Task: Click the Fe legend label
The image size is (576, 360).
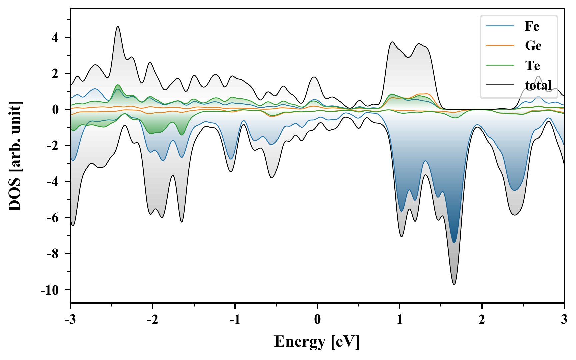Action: tap(532, 26)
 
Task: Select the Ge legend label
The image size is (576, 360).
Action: tap(533, 46)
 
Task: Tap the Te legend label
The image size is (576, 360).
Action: tap(532, 65)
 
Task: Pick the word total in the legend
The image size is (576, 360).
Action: tap(538, 85)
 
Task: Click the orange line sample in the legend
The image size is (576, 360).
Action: tap(500, 46)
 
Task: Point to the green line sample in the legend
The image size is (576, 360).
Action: tap(500, 65)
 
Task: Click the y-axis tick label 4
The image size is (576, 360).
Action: tap(55, 37)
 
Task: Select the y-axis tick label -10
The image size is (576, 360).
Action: tap(49, 290)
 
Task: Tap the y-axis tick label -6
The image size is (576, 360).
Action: tap(53, 218)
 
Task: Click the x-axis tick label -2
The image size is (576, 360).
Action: tap(152, 320)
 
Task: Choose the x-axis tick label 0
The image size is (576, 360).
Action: tap(317, 320)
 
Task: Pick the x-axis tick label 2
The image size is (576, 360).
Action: tap(482, 320)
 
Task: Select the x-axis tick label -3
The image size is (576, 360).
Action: tap(70, 320)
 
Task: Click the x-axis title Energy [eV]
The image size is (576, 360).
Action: tap(317, 342)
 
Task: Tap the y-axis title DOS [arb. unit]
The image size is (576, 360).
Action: tap(15, 156)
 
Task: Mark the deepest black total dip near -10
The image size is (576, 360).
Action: tap(454, 284)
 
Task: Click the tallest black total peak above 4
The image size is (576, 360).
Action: tap(118, 27)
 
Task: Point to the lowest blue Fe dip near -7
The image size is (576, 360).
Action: tap(454, 242)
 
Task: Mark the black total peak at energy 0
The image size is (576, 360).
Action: tap(314, 77)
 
